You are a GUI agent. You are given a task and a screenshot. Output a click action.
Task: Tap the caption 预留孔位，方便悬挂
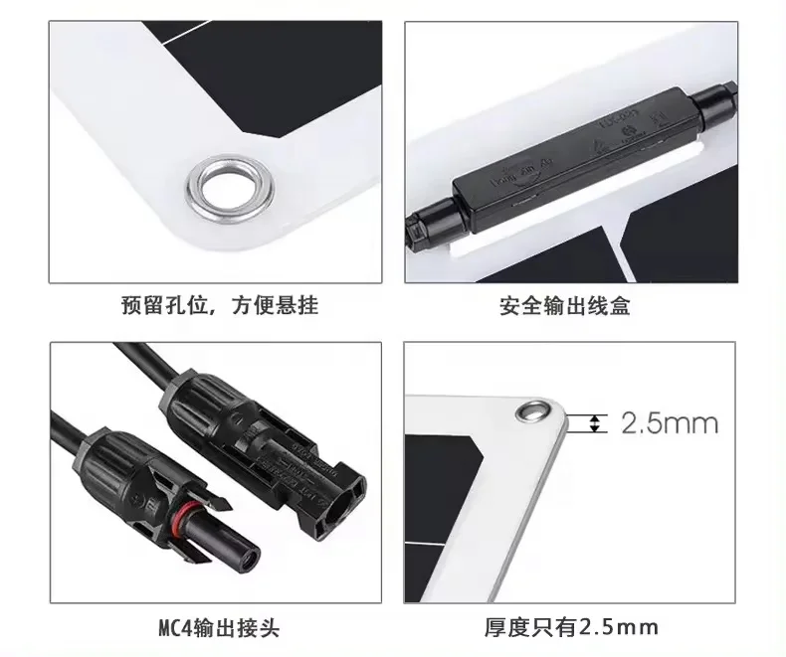tap(219, 305)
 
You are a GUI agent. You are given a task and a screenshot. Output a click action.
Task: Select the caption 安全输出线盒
tap(564, 306)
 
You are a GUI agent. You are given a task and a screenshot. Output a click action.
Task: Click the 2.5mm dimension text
tap(669, 423)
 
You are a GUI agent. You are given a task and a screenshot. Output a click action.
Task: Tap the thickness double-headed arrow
tap(596, 423)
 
